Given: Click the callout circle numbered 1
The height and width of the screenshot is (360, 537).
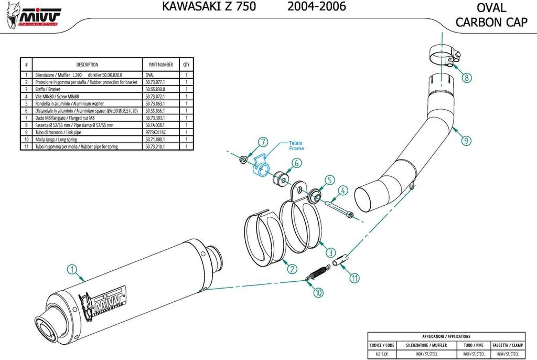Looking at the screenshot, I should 72,269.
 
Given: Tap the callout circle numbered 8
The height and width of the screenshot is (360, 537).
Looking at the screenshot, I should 467,78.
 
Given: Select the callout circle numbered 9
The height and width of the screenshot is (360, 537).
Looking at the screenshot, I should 467,140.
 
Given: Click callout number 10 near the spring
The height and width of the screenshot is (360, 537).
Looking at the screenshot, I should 318,292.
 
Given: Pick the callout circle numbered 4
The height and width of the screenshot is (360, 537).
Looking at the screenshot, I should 342,190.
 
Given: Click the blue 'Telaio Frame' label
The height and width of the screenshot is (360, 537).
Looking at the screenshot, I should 295,145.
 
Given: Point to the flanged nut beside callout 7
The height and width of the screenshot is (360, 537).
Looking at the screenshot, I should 242,158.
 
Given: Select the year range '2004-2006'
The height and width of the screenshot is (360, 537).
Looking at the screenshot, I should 316,7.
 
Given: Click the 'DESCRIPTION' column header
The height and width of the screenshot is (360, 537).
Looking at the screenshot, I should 87,65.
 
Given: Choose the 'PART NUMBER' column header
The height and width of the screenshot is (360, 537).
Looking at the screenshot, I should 161,65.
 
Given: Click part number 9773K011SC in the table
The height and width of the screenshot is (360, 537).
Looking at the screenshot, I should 155,133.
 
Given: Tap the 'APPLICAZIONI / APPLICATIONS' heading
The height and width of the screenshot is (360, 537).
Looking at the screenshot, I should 446,336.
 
